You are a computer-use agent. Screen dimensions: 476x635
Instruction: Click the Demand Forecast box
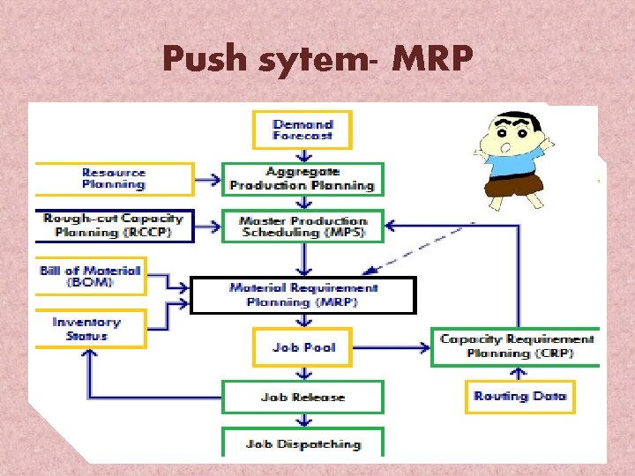click(303, 130)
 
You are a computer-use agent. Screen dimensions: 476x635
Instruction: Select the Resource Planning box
click(113, 179)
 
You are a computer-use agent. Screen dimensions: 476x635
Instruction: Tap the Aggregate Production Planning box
click(302, 179)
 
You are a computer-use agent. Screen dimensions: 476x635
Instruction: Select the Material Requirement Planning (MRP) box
click(303, 295)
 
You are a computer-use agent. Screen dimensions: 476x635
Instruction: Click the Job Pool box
click(303, 347)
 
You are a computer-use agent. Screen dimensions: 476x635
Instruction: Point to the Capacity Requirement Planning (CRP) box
click(516, 346)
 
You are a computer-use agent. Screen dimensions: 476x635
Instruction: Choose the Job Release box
click(303, 397)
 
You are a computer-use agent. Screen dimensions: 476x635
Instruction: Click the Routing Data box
click(519, 396)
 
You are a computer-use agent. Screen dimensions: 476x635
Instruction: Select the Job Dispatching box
click(303, 443)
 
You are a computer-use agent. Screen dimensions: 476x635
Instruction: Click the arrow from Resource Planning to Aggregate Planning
click(207, 180)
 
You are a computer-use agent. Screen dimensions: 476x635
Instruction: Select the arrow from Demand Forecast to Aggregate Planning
click(303, 156)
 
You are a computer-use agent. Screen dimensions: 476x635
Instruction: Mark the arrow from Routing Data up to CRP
click(519, 374)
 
